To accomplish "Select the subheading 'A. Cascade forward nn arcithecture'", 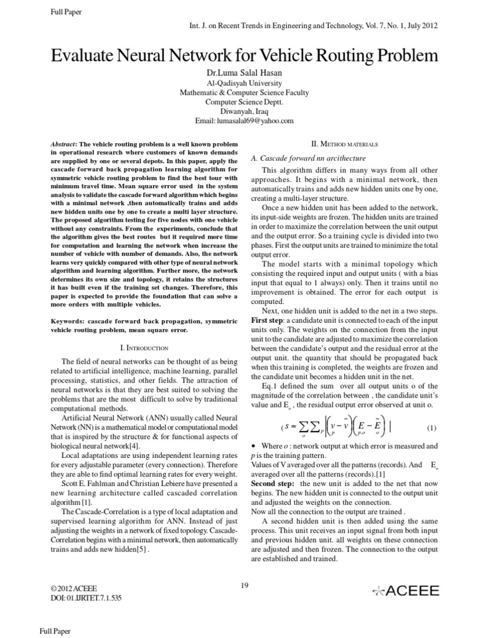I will tap(307, 158).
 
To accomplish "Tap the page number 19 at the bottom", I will tap(244, 584).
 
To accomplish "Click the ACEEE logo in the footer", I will tap(405, 591).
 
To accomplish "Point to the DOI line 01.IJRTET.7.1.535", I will tap(82, 598).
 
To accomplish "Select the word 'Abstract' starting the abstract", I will tap(67, 144).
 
